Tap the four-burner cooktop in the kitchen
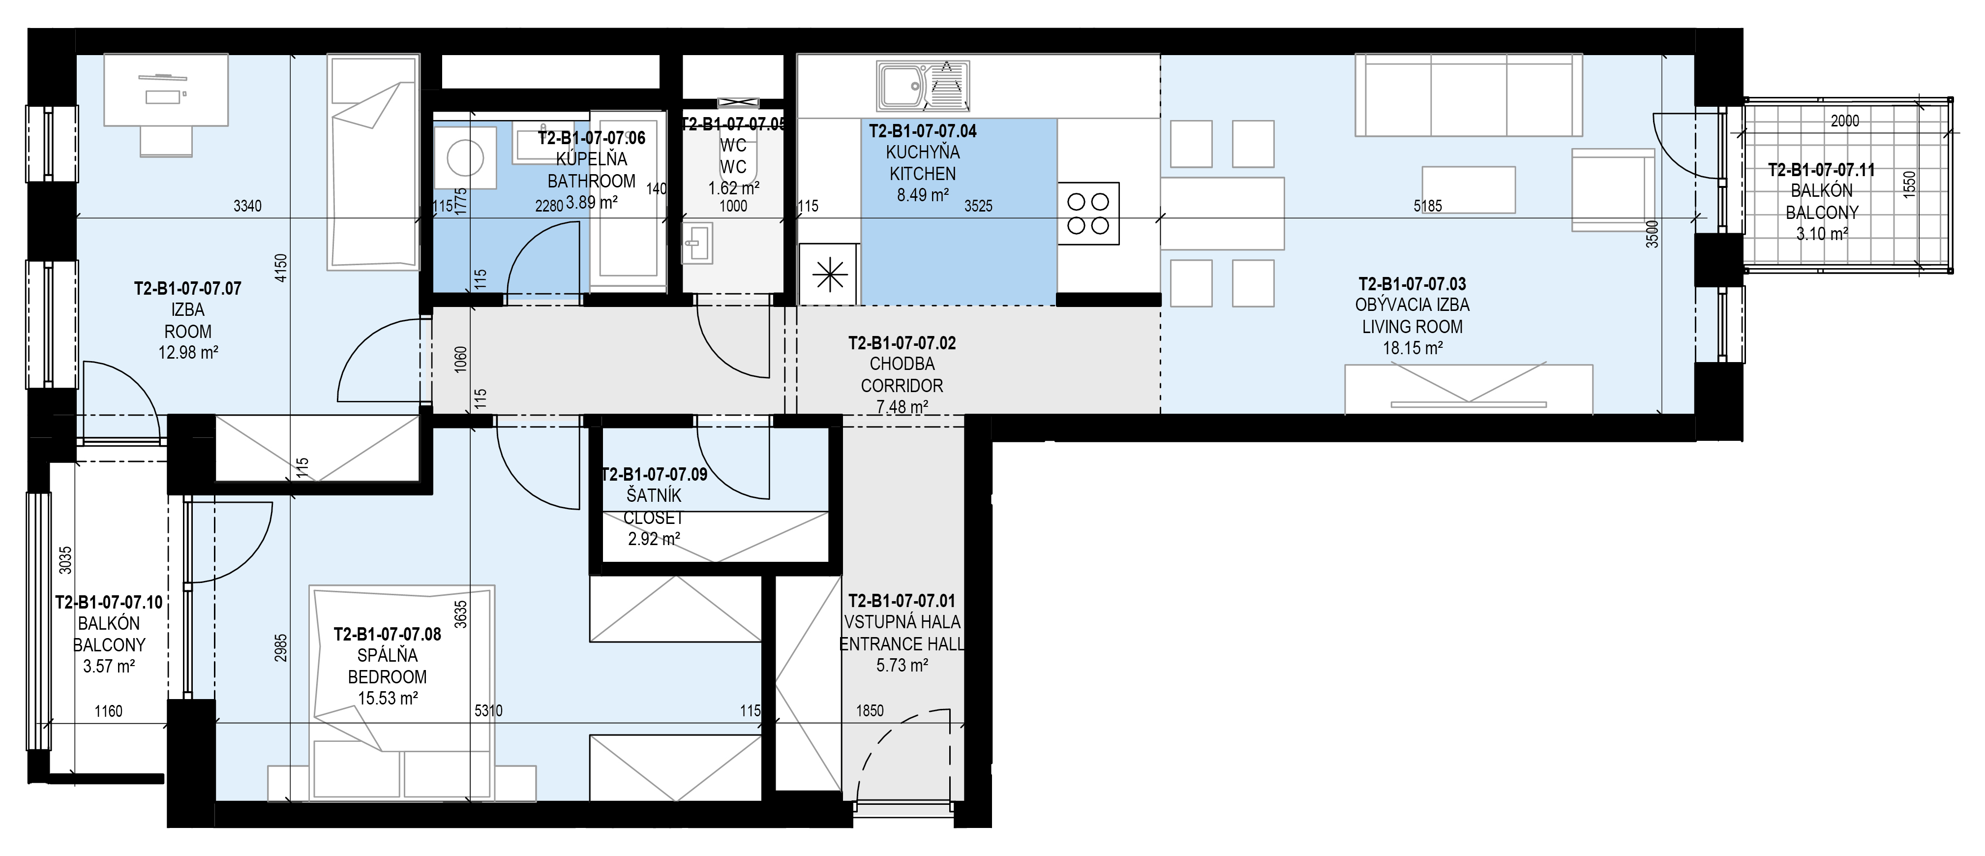click(x=1088, y=214)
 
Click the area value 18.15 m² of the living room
click(x=1413, y=348)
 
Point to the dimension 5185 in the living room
click(x=1428, y=207)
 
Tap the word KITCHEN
click(x=922, y=174)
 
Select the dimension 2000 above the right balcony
click(x=1845, y=121)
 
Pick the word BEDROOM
click(x=387, y=677)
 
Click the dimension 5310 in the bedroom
click(x=488, y=711)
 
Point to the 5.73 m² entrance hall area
click(x=902, y=665)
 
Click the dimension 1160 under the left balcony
click(x=109, y=711)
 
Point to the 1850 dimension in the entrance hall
click(x=870, y=711)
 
